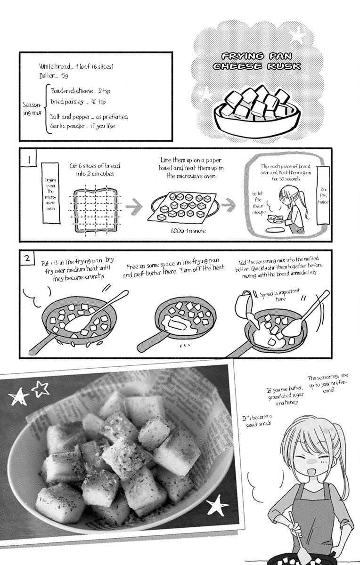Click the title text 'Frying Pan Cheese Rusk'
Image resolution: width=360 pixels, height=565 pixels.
click(257, 61)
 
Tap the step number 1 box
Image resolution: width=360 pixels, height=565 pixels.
click(28, 158)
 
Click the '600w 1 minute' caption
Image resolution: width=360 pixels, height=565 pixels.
click(188, 231)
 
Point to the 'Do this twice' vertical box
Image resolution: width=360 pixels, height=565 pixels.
click(323, 195)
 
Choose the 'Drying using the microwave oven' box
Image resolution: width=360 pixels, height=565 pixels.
click(51, 193)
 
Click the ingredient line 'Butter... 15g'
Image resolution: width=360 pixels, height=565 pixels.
click(54, 75)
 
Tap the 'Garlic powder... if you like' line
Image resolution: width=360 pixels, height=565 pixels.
click(82, 126)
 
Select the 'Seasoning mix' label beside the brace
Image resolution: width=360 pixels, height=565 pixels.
click(32, 109)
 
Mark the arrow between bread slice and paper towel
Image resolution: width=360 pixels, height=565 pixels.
click(134, 206)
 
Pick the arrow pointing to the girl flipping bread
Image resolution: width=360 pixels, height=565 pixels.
click(228, 205)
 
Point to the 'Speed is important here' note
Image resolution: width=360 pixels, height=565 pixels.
click(280, 295)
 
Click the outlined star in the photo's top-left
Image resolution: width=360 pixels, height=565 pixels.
click(40, 388)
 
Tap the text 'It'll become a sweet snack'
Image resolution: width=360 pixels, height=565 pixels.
click(257, 421)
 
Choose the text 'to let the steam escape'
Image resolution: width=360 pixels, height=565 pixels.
click(259, 203)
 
